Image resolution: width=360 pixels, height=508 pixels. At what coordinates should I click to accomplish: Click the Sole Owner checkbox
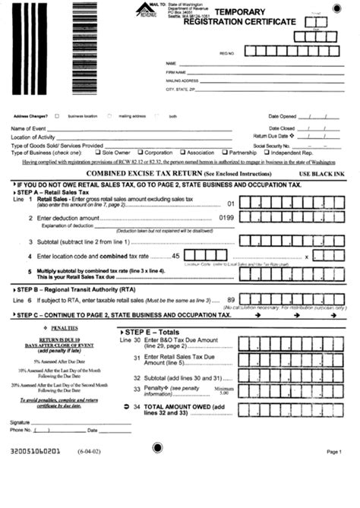(x=98, y=152)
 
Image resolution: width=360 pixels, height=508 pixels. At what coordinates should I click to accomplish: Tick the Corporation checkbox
(x=141, y=152)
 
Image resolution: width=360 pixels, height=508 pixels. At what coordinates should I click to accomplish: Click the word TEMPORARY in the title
(x=240, y=13)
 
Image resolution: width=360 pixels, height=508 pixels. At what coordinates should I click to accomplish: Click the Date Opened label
(x=282, y=116)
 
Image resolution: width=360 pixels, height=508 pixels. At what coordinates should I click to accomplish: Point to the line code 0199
(x=226, y=218)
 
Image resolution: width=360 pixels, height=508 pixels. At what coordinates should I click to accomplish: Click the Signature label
(x=21, y=421)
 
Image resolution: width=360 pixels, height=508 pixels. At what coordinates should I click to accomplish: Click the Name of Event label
(x=29, y=129)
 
